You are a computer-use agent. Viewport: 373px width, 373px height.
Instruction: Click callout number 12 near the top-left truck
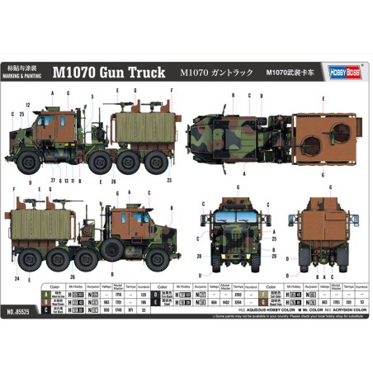28,105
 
